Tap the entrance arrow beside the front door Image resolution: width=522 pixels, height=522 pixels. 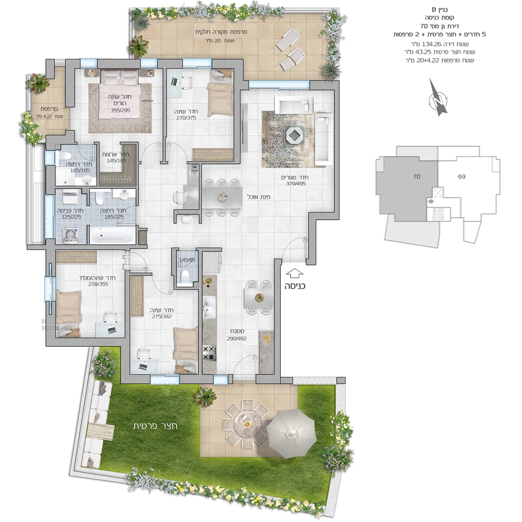point(294,274)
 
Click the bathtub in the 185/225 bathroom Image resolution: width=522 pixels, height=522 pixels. point(113,236)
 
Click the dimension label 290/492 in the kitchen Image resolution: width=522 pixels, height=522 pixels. point(236,338)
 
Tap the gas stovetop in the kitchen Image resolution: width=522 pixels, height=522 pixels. point(210,353)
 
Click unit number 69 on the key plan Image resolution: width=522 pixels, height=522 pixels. point(461,176)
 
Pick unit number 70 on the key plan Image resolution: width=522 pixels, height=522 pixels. point(417,176)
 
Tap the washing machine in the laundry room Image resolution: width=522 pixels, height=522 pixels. point(70,235)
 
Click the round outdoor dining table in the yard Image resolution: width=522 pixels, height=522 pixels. point(247,424)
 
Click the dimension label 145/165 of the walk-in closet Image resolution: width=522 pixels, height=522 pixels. point(116,160)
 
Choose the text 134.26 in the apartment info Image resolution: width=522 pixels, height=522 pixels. point(432,44)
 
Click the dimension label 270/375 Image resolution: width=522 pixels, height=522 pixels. point(186,117)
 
